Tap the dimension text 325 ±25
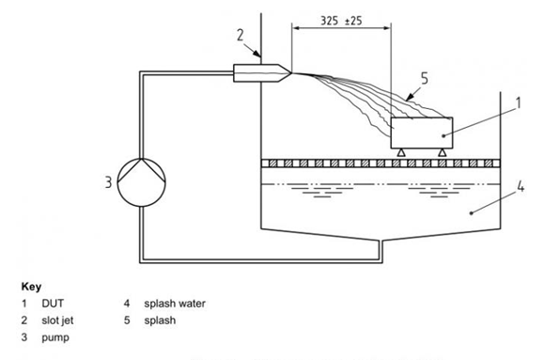point(341,21)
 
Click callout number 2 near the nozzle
point(241,35)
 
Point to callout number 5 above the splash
point(425,79)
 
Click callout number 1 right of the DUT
point(519,103)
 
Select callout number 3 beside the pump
point(109,182)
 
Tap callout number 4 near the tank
point(521,187)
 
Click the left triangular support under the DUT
point(401,153)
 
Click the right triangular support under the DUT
point(442,153)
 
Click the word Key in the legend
point(31,287)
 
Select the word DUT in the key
point(53,304)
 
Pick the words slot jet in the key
point(57,321)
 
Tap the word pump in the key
point(55,337)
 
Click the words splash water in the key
point(175,304)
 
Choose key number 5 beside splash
point(127,321)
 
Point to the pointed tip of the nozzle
point(292,73)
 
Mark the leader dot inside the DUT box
point(443,135)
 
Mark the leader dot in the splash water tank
point(471,212)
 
